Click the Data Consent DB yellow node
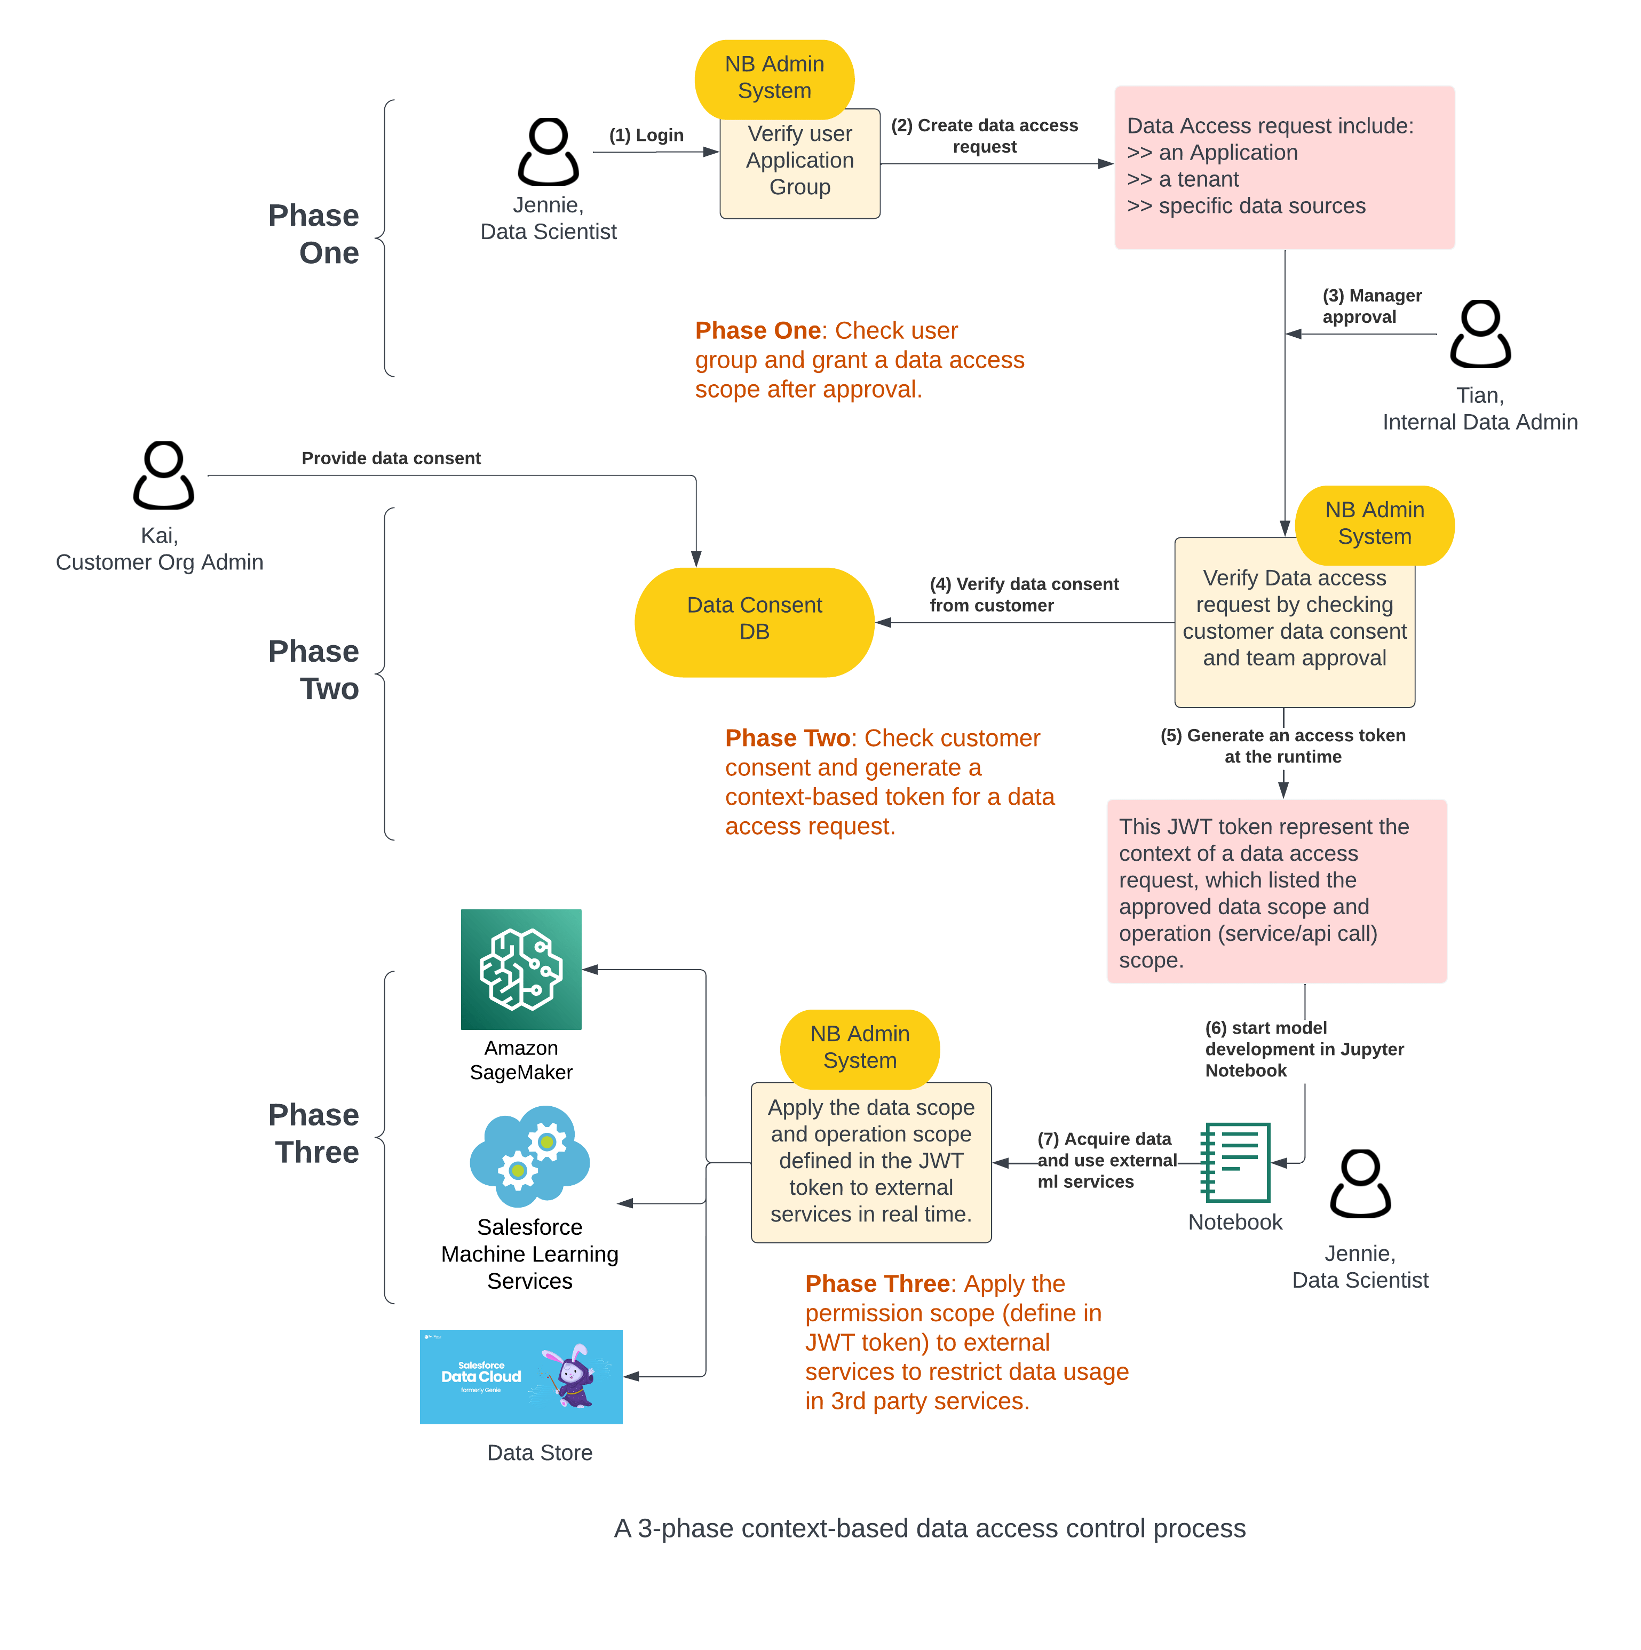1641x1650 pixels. click(754, 622)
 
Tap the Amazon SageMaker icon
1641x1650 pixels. click(520, 969)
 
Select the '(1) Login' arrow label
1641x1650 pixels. click(646, 135)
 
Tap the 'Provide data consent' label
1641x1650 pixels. click(391, 458)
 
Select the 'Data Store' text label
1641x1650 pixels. click(539, 1452)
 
